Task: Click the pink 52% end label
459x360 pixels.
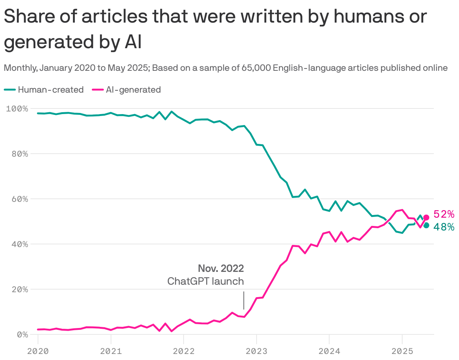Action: coord(444,214)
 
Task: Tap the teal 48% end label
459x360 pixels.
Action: coord(444,227)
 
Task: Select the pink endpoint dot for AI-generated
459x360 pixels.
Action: coord(426,217)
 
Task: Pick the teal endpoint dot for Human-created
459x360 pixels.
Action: coord(426,225)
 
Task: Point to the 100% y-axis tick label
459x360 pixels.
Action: coord(17,109)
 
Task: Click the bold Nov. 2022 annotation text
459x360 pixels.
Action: coord(221,268)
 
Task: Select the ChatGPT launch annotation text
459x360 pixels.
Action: coord(205,281)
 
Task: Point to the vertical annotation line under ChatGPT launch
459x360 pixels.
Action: coord(244,300)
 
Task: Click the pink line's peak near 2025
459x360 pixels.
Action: coord(402,210)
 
